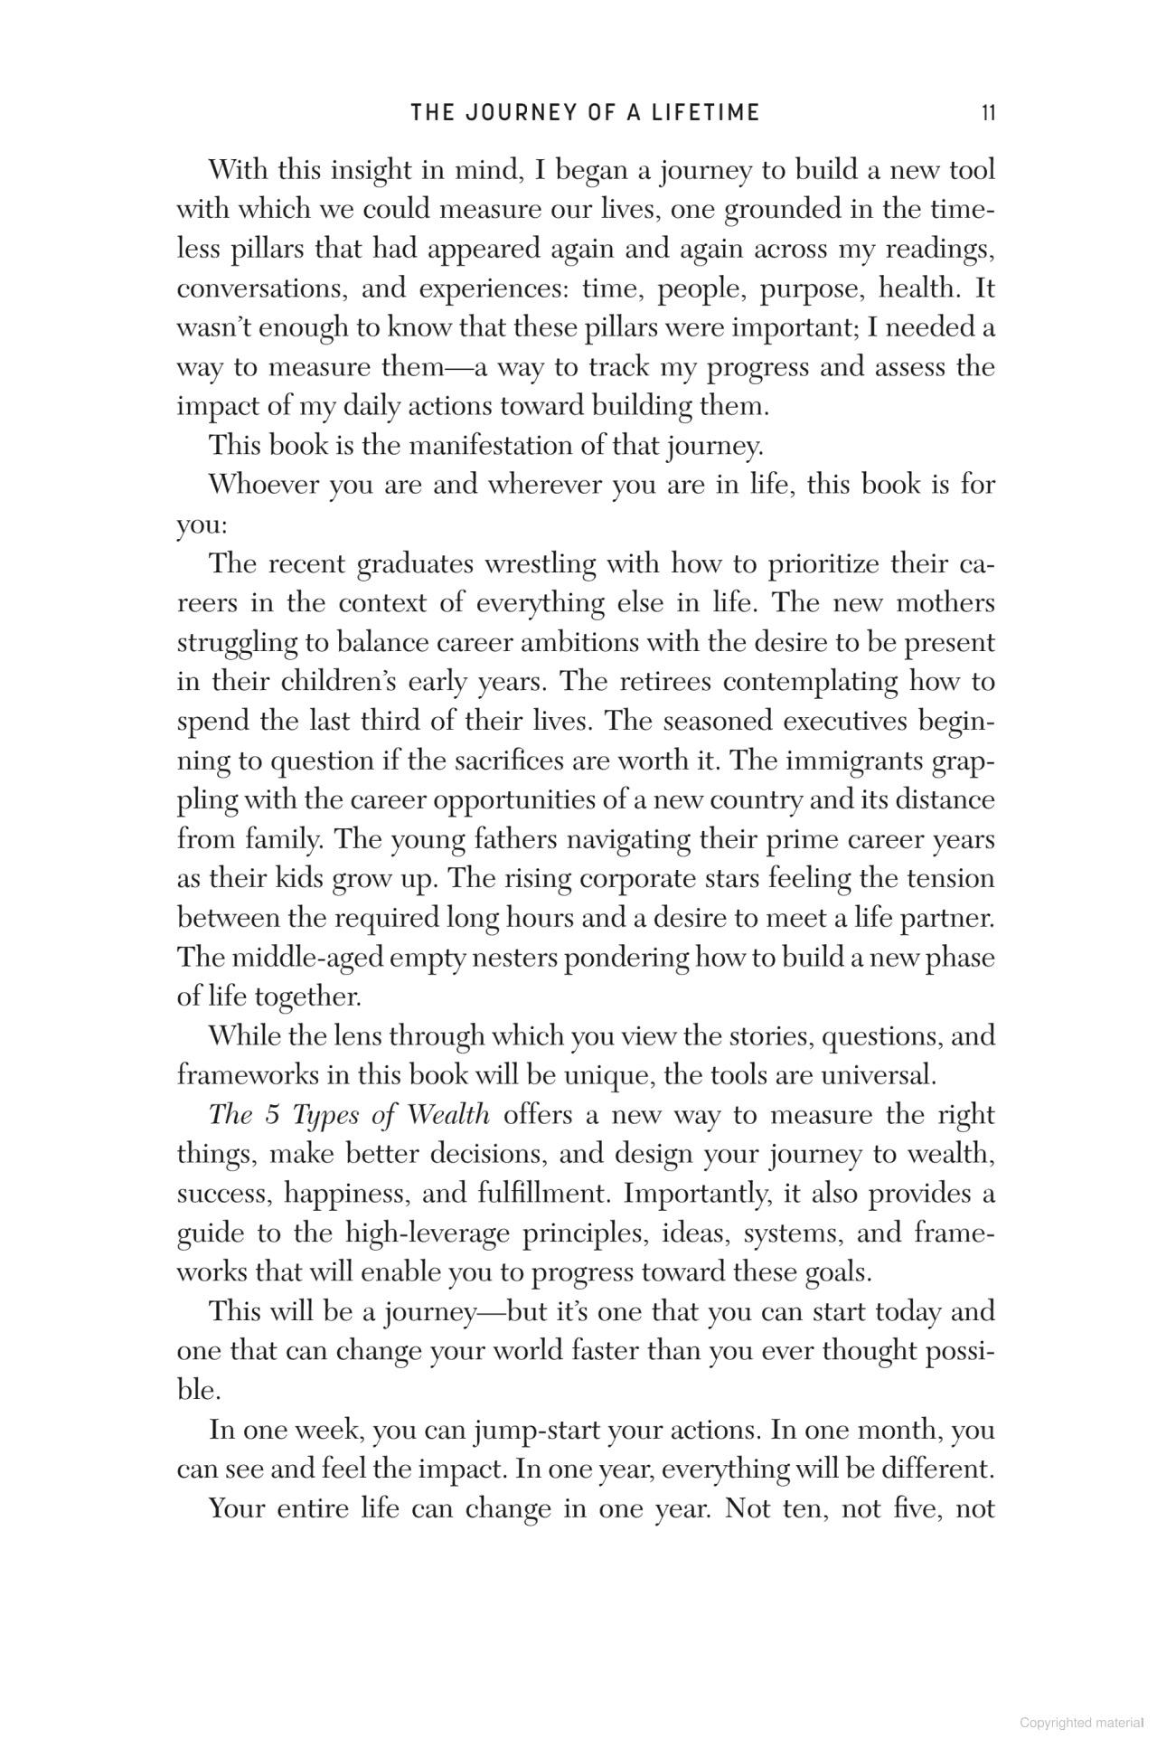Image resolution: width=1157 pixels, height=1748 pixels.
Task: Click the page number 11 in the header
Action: coord(988,113)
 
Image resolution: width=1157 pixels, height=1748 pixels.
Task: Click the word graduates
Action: coord(414,564)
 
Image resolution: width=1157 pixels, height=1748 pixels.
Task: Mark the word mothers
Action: coord(945,603)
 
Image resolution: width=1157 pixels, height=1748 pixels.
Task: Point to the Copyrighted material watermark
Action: coord(1081,1723)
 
